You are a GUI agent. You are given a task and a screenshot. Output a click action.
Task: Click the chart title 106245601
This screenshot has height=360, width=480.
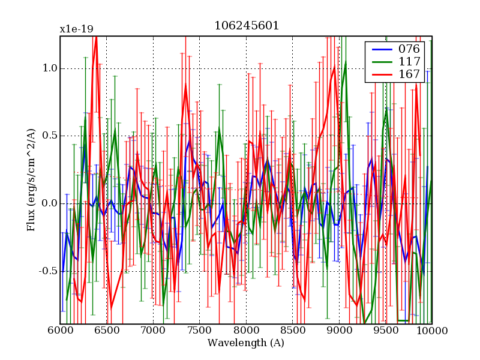click(246, 26)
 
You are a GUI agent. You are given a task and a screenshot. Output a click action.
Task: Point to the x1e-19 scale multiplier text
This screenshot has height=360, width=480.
click(76, 29)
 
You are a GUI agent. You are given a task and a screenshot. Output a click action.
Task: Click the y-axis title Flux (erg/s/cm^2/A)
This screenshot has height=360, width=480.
click(31, 180)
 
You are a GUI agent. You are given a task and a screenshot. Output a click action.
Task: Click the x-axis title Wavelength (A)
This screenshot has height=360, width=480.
click(246, 343)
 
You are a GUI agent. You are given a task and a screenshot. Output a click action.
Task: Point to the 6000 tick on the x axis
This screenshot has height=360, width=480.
click(60, 331)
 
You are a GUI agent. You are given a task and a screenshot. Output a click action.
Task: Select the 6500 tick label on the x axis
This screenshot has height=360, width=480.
click(107, 331)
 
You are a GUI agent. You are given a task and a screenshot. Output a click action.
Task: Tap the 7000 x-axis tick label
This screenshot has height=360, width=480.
click(153, 331)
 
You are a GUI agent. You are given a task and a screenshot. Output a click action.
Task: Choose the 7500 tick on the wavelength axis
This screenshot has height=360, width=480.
click(200, 331)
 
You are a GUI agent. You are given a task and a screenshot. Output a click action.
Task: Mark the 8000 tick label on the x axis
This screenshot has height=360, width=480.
click(246, 331)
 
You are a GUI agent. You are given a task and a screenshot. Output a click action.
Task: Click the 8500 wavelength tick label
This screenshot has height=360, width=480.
click(293, 331)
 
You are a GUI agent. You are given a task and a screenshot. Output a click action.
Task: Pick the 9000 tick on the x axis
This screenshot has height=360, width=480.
click(339, 331)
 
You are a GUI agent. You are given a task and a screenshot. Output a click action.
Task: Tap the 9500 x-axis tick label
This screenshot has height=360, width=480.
click(386, 331)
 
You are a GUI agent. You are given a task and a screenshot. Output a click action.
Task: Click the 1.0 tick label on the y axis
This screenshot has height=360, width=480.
click(49, 68)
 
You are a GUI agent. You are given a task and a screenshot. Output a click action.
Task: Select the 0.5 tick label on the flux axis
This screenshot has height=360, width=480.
click(49, 136)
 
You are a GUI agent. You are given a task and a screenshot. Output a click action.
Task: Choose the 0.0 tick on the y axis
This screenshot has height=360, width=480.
click(49, 203)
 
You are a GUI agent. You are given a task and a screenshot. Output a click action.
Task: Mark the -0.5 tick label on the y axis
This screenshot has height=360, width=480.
click(47, 271)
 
